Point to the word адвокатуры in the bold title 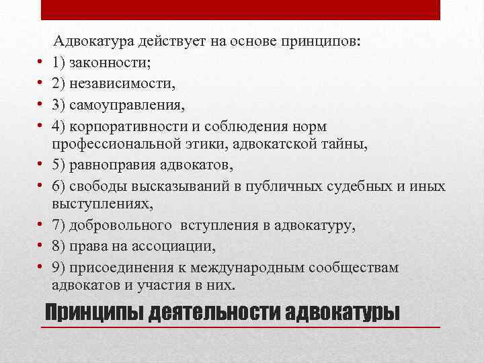pos(341,314)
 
